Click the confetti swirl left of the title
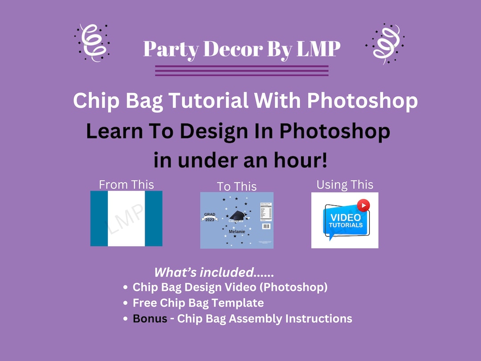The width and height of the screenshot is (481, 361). tap(92, 43)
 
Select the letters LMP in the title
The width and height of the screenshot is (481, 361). tap(317, 49)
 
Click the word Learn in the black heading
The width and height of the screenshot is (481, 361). tap(113, 131)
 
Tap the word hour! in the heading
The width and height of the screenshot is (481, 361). tap(300, 160)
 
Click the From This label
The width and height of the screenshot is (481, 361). tap(126, 185)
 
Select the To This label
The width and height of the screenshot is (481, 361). tap(236, 186)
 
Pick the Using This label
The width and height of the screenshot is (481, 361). tap(345, 185)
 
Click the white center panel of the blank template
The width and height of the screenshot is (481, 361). tap(126, 218)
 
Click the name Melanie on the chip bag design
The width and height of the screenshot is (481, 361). tap(236, 232)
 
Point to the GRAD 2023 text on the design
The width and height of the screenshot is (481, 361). tap(210, 217)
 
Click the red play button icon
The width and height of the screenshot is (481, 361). tap(363, 205)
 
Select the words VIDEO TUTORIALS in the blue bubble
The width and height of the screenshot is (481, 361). tap(346, 221)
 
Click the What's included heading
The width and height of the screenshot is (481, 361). tap(214, 272)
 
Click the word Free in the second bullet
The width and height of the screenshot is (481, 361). tap(145, 303)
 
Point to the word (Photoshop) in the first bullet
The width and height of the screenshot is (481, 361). tap(294, 287)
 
